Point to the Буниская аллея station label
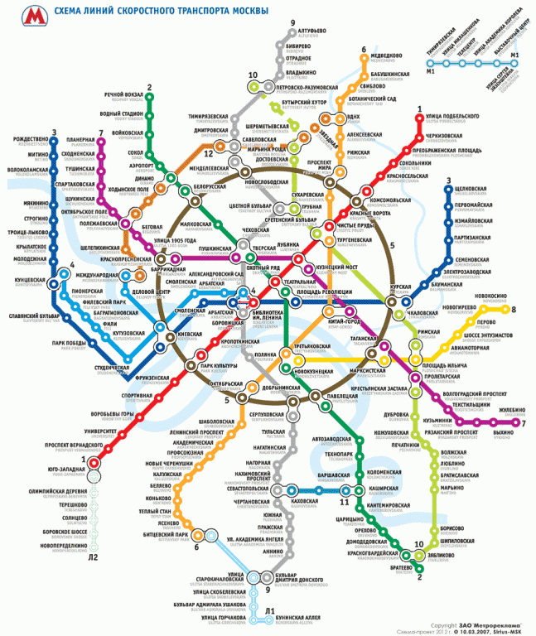tap(303, 618)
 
